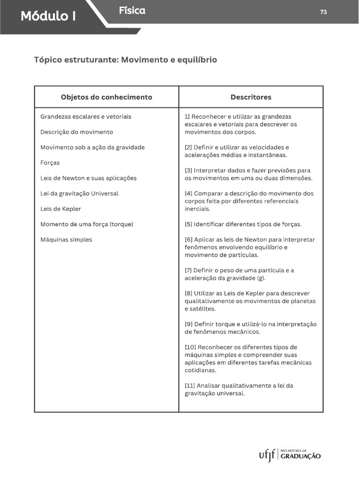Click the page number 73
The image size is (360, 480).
point(323,12)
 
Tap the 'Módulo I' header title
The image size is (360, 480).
point(48,16)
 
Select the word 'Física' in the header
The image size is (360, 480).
point(132,11)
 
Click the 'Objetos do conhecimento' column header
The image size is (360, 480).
point(106,97)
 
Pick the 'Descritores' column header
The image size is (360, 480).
point(251,97)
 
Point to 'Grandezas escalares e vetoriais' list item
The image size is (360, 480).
point(86,116)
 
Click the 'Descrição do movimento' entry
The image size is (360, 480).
point(76,132)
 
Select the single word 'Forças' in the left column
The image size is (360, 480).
point(50,163)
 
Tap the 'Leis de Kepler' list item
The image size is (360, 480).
point(60,209)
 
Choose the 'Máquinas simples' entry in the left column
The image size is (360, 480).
point(66,240)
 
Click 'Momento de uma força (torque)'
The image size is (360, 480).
point(87,224)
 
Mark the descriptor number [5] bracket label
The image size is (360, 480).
point(188,224)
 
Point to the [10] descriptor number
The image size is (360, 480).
point(190,347)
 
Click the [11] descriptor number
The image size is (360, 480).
point(190,386)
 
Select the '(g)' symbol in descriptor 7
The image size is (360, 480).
point(261,278)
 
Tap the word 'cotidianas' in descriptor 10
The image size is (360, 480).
point(201,370)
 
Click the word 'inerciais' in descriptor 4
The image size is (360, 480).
point(197,209)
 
